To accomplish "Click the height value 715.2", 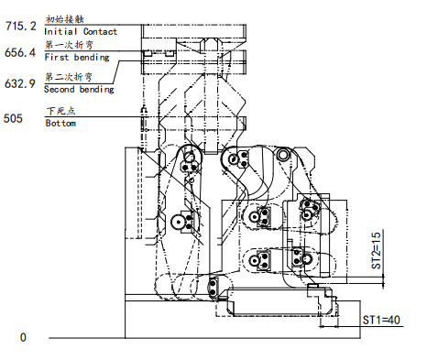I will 19,27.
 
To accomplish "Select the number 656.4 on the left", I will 19,53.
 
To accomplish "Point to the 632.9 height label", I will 19,84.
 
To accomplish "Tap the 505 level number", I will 14,118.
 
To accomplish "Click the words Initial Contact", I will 81,32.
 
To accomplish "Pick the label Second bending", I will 81,90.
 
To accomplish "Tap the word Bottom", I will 60,123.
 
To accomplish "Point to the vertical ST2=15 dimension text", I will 376,248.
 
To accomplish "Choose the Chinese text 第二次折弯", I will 66,77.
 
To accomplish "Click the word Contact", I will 100,32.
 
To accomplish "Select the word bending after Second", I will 98,90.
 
